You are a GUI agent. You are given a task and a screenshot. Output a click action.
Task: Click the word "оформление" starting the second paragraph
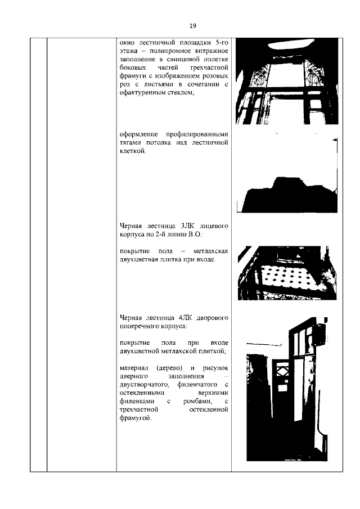[x=139, y=135]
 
